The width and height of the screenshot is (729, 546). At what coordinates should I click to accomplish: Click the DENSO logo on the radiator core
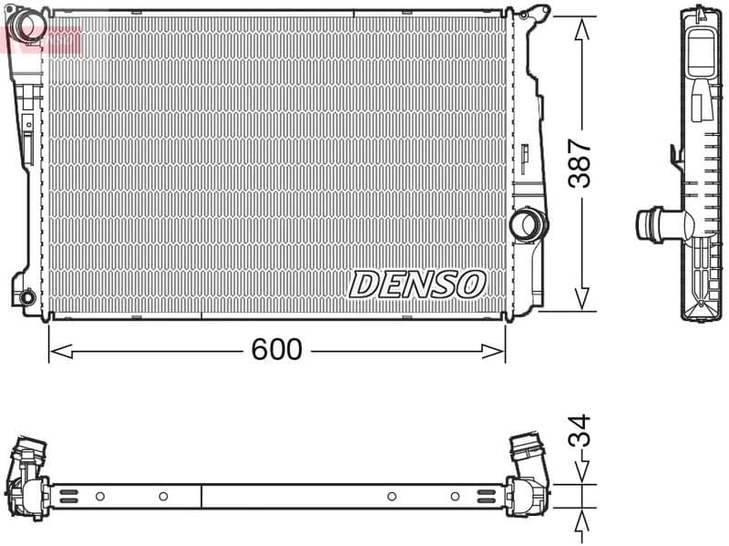[x=416, y=284]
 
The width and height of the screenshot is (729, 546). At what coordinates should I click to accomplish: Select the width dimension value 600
[x=277, y=350]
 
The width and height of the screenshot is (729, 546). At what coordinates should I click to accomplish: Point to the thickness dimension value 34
[x=580, y=431]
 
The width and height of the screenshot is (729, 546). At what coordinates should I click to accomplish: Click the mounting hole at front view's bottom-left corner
[x=26, y=296]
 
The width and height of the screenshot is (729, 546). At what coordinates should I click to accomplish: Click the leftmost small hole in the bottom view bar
[x=100, y=496]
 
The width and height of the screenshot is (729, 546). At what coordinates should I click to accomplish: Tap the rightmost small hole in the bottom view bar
[x=455, y=496]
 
